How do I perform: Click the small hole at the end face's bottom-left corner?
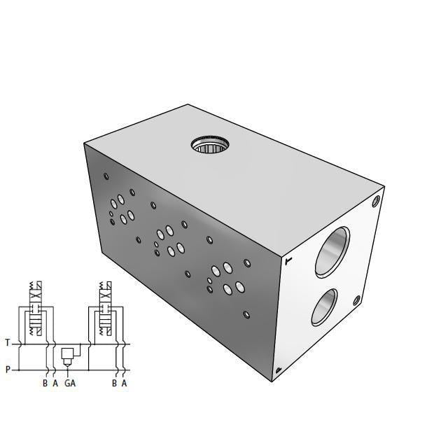click(279, 370)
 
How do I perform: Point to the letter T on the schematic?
click(8, 343)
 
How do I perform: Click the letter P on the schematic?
click(8, 370)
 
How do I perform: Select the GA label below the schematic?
click(69, 383)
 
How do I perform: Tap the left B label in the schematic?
click(45, 383)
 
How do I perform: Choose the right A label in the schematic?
click(124, 383)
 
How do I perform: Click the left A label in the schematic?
click(55, 383)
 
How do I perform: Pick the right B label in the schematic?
click(114, 383)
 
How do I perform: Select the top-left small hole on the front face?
click(106, 176)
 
